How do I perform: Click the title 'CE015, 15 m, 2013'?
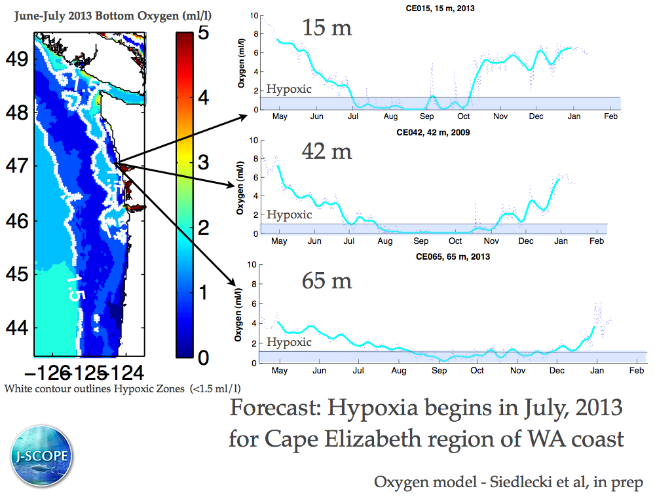tap(436, 9)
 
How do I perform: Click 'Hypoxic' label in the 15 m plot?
tap(289, 89)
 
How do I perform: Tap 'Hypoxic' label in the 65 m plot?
tap(288, 342)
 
